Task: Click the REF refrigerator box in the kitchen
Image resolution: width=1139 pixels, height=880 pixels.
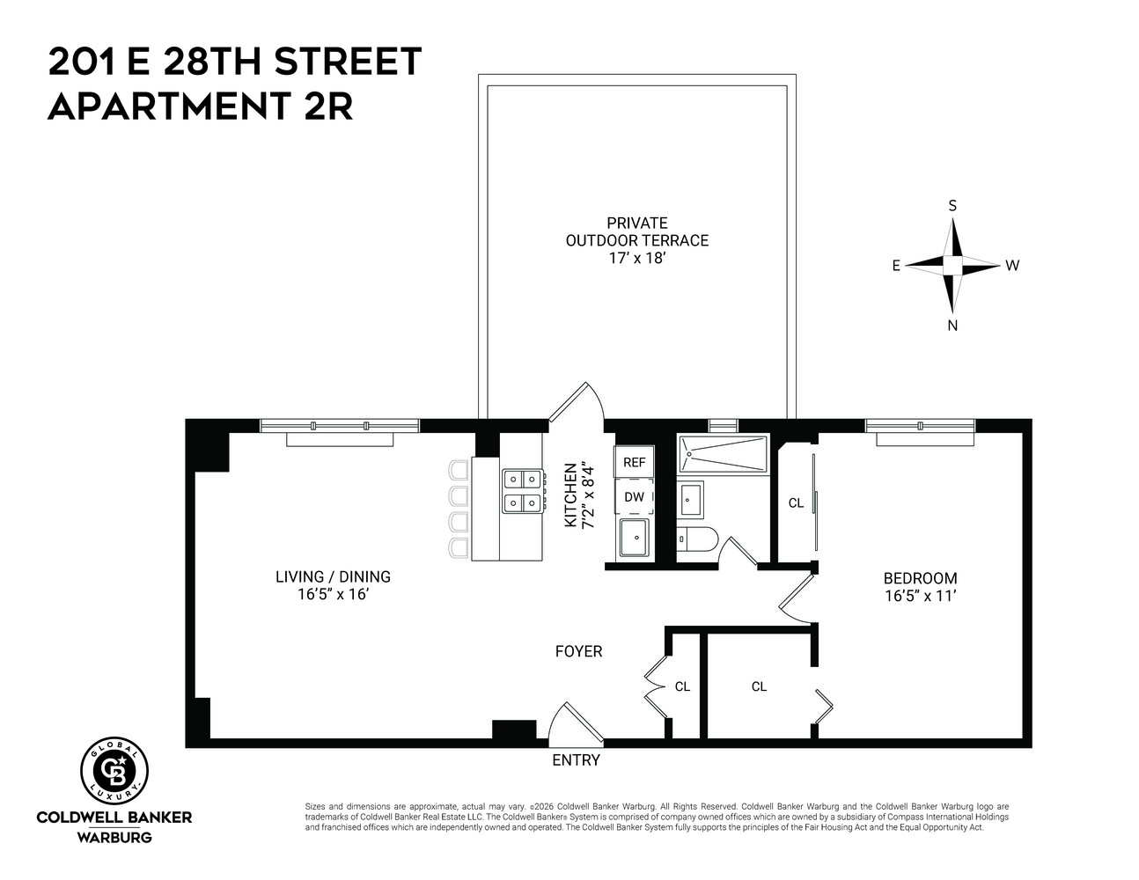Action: coord(634,462)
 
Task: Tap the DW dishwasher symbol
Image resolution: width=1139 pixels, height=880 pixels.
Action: coord(634,497)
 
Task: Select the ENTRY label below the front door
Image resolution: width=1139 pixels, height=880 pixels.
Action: coord(576,760)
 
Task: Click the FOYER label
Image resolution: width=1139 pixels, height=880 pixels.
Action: coord(578,652)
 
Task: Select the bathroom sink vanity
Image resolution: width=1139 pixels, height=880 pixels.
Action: coord(690,499)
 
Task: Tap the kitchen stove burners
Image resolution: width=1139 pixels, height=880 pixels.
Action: coord(521,491)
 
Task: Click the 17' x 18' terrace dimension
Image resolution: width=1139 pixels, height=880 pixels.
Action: coord(636,259)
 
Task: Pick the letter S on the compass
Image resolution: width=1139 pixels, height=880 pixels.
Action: coord(952,206)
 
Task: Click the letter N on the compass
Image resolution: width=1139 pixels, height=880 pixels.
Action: coord(952,326)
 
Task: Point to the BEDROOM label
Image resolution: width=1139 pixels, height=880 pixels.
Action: coord(920,579)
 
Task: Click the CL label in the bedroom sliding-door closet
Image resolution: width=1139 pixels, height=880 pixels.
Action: coord(796,503)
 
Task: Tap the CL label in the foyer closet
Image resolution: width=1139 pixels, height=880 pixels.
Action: coord(682,686)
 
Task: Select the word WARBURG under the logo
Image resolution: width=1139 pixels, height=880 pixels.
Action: coord(114,837)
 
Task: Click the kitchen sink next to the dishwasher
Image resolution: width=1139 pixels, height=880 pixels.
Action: coord(634,537)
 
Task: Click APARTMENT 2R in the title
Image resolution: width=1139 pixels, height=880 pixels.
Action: coord(200,106)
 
